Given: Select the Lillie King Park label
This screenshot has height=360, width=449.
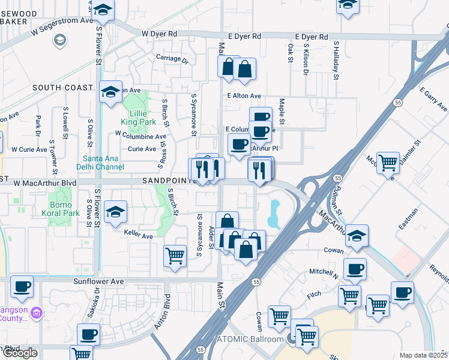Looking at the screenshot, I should click(139, 118).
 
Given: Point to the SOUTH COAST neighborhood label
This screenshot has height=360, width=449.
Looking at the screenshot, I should click(62, 88).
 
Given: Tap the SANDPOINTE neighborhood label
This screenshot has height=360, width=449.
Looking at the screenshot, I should click(169, 181).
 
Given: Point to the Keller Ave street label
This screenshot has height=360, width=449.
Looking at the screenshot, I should click(138, 236).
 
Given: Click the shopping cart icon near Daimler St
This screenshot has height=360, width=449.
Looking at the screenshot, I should click(388, 162).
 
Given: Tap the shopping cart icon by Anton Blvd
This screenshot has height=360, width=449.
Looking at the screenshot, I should click(175, 256).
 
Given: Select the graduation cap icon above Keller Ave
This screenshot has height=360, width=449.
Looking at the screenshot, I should click(115, 212).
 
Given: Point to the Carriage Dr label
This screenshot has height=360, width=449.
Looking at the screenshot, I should click(172, 60).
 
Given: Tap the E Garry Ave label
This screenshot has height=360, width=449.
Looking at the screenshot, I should click(433, 101).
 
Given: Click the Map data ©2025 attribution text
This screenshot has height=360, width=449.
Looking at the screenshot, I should click(424, 355).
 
